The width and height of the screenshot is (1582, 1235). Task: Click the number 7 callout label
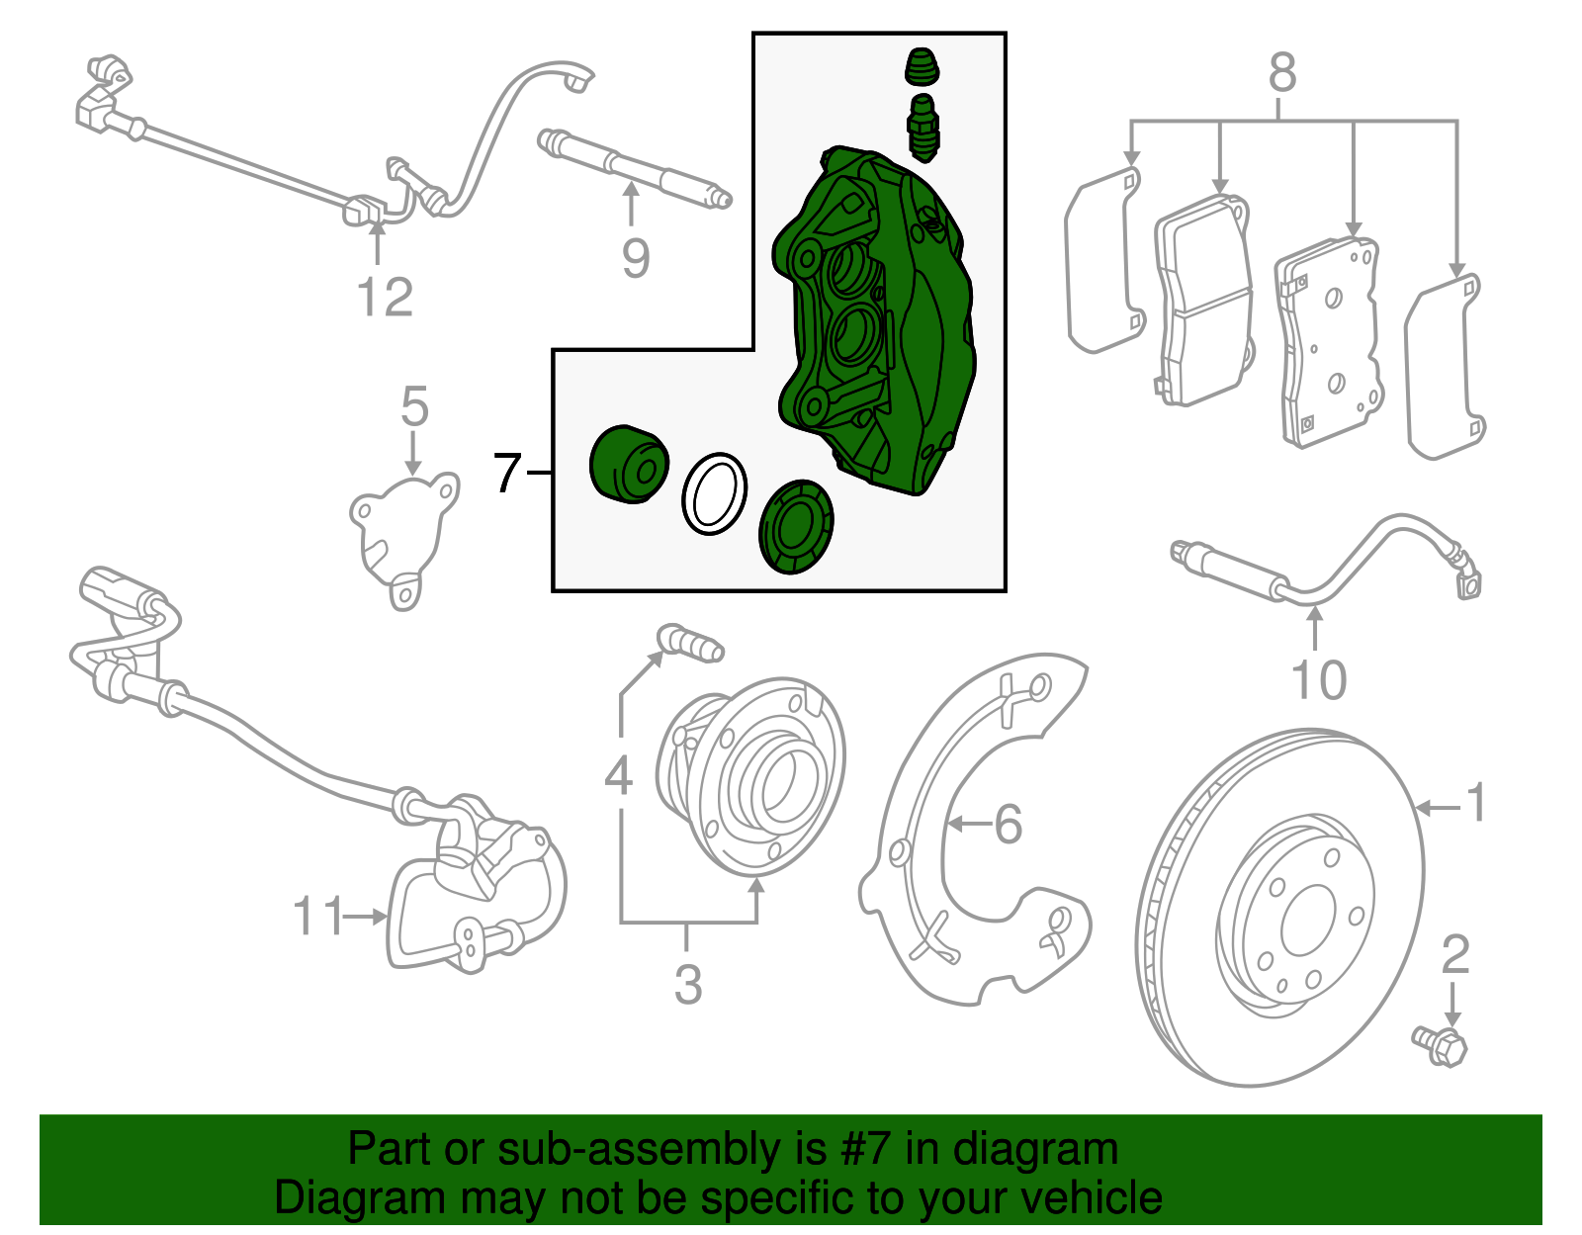pyautogui.click(x=506, y=473)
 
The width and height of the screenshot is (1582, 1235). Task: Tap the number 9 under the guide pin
pyautogui.click(x=636, y=258)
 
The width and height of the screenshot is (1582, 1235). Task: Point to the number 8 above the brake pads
pyautogui.click(x=1281, y=72)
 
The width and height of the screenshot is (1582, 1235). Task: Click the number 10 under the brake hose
pyautogui.click(x=1318, y=679)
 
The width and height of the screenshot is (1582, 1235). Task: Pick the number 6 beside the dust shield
pyautogui.click(x=1007, y=824)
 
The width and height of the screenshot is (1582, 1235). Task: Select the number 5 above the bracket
pyautogui.click(x=414, y=406)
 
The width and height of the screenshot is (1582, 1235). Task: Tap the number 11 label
pyautogui.click(x=318, y=917)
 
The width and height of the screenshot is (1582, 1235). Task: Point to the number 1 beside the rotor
pyautogui.click(x=1475, y=802)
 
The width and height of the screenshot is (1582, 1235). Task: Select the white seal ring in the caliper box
pyautogui.click(x=714, y=493)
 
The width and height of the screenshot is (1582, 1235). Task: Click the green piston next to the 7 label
pyautogui.click(x=628, y=465)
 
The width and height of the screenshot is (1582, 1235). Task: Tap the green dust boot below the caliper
pyautogui.click(x=796, y=527)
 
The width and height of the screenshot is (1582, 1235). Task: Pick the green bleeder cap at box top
pyautogui.click(x=923, y=67)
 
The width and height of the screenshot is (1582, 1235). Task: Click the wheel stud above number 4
pyautogui.click(x=692, y=643)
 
